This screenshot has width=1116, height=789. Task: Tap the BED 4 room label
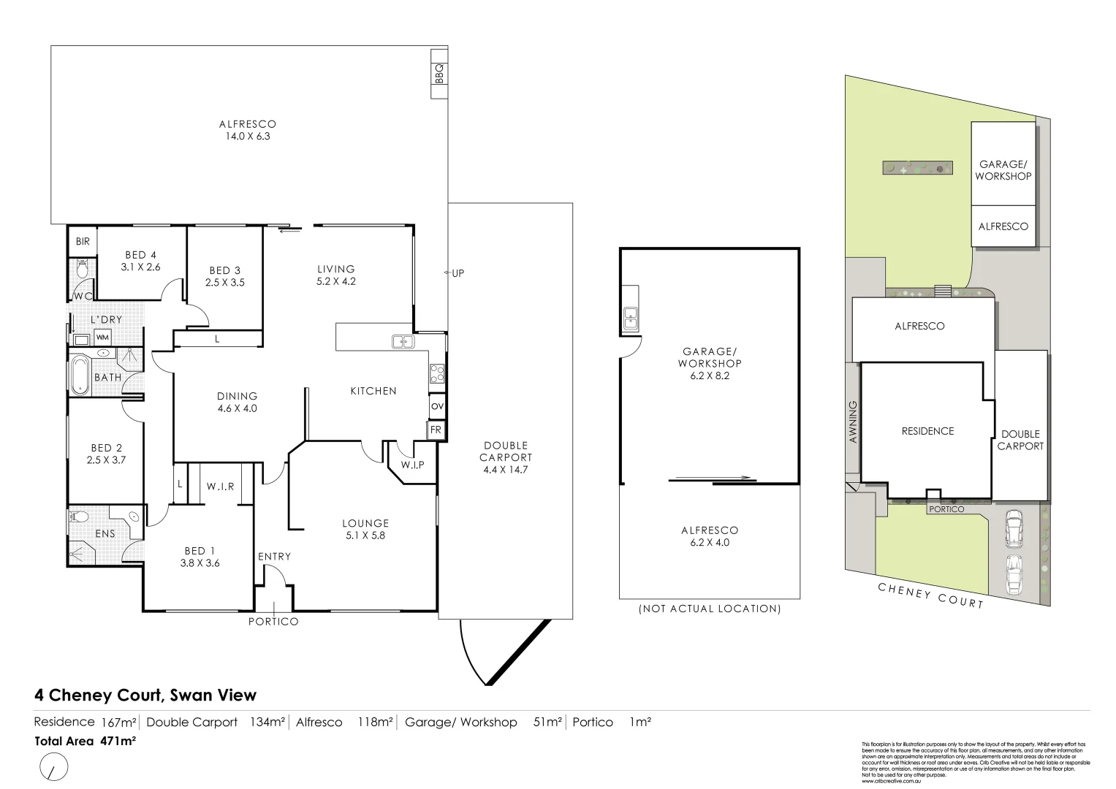(x=140, y=261)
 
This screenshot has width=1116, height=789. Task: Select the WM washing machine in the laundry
(x=103, y=338)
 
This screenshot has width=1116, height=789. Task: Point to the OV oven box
(x=437, y=406)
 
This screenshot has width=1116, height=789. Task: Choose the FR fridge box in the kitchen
(x=436, y=430)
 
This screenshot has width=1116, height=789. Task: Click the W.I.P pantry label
(x=412, y=465)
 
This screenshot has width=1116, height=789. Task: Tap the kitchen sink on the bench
(x=402, y=341)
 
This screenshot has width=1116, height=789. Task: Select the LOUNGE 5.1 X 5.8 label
(x=365, y=529)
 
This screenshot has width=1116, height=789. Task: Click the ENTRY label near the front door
(x=274, y=557)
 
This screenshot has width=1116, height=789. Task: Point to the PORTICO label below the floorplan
(x=273, y=622)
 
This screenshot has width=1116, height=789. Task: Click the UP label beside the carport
(x=458, y=273)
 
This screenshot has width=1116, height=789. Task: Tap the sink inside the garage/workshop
(x=631, y=318)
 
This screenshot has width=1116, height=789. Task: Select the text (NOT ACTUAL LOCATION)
(x=709, y=609)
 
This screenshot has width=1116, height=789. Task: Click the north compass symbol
(x=53, y=769)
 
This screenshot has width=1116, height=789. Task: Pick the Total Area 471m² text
(x=86, y=741)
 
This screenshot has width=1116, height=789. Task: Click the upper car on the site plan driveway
(x=1013, y=529)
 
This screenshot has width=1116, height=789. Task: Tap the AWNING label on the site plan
(x=853, y=422)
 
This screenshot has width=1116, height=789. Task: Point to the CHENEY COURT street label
(x=930, y=595)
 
